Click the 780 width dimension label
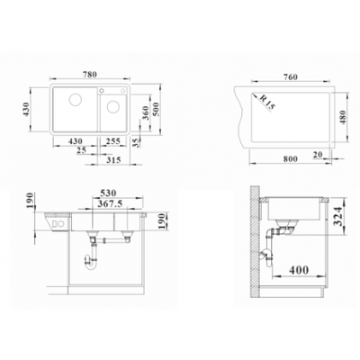90,74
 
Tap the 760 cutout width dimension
291,76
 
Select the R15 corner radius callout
267,102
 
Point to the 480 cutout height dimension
343,117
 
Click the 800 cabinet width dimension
290,158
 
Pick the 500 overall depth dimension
157,109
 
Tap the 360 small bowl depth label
146,112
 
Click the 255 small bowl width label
113,141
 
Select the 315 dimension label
113,160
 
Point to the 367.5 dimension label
110,204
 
